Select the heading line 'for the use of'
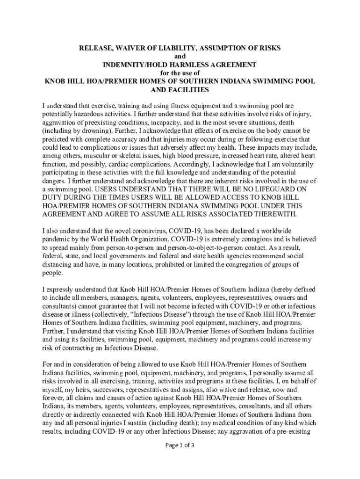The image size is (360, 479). pos(180,73)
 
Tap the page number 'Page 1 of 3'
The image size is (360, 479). pos(180,445)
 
